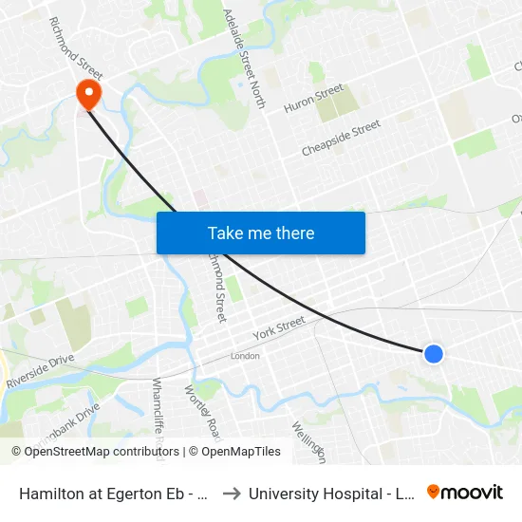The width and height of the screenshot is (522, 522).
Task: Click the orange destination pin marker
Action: click(88, 93)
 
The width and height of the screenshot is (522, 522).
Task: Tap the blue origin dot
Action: click(433, 353)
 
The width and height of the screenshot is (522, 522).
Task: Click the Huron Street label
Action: click(314, 98)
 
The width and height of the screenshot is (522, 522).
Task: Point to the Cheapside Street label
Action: click(341, 139)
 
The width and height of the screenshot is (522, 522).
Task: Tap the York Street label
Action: click(279, 328)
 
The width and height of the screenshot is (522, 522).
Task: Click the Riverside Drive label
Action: click(40, 372)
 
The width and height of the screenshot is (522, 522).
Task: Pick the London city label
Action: click(245, 356)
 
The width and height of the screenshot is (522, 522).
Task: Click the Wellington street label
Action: click(309, 441)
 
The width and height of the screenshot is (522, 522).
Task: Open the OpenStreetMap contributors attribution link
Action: click(94, 452)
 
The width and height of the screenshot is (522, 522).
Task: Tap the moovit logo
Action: click(464, 492)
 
